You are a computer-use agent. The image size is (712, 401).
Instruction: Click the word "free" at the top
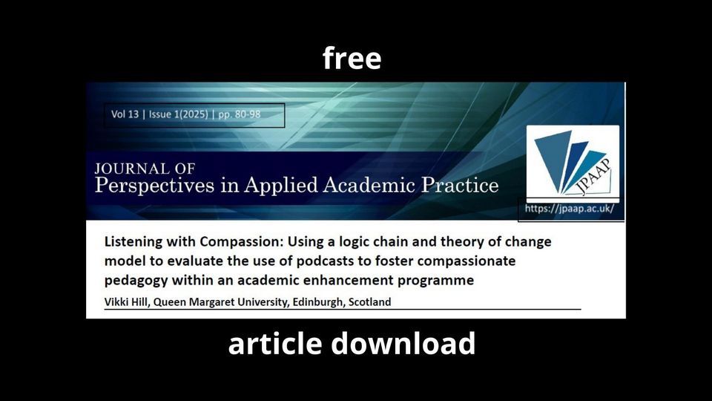(352, 58)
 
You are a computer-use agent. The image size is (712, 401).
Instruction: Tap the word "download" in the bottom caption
(403, 344)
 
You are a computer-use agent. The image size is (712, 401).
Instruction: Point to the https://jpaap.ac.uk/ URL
(570, 209)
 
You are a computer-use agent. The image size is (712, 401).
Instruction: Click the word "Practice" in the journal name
(455, 185)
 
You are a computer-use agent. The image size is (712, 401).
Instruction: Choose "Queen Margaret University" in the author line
(220, 302)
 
